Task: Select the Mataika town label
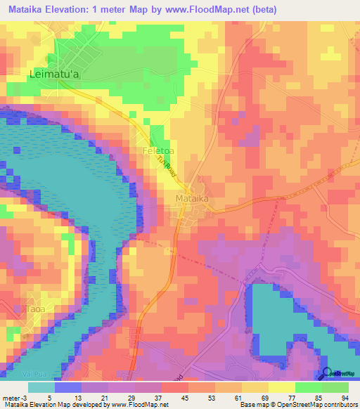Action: point(191,199)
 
